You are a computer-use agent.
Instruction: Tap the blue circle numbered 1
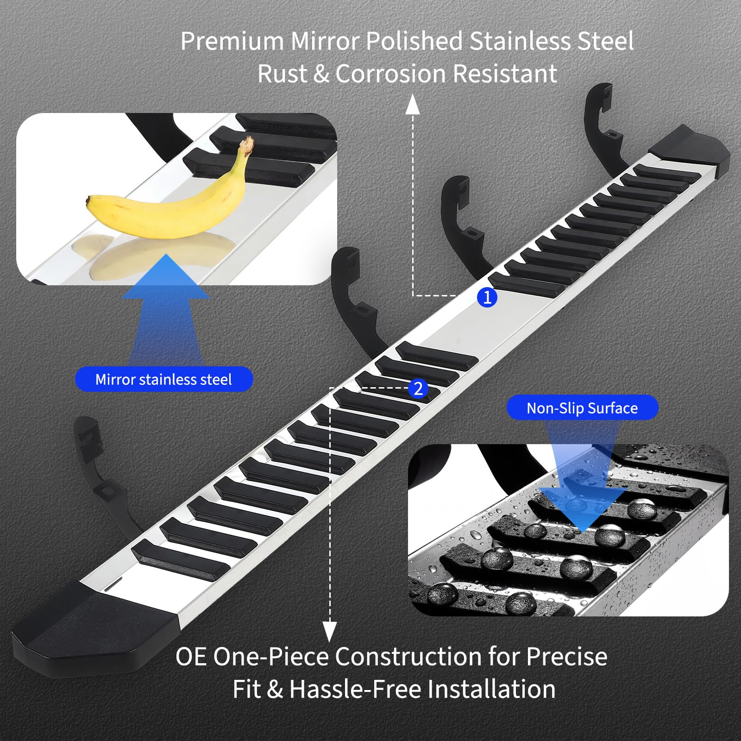pos(487,297)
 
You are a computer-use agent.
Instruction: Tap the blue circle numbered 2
pos(418,389)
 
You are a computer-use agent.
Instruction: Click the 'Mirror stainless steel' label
pos(164,379)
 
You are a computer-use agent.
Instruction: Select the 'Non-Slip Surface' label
pos(582,408)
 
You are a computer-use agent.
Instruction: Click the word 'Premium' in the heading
pos(232,41)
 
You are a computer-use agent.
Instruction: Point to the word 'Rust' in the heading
pos(282,74)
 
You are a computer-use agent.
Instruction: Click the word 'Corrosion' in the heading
pos(394,74)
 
